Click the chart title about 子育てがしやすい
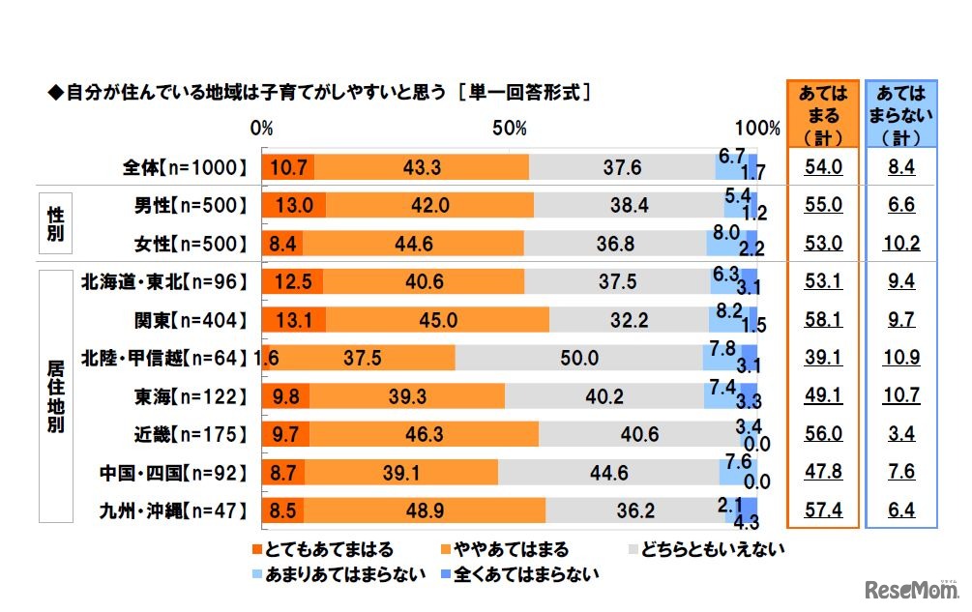coord(319,94)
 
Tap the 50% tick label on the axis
coord(509,129)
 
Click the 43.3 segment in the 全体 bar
coord(423,167)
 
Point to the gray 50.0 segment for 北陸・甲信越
coord(578,358)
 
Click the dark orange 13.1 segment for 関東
coord(293,320)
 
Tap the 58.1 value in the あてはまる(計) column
coord(823,320)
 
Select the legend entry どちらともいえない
coord(706,549)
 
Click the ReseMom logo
coord(908,589)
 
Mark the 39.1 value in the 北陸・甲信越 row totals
coord(823,358)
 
